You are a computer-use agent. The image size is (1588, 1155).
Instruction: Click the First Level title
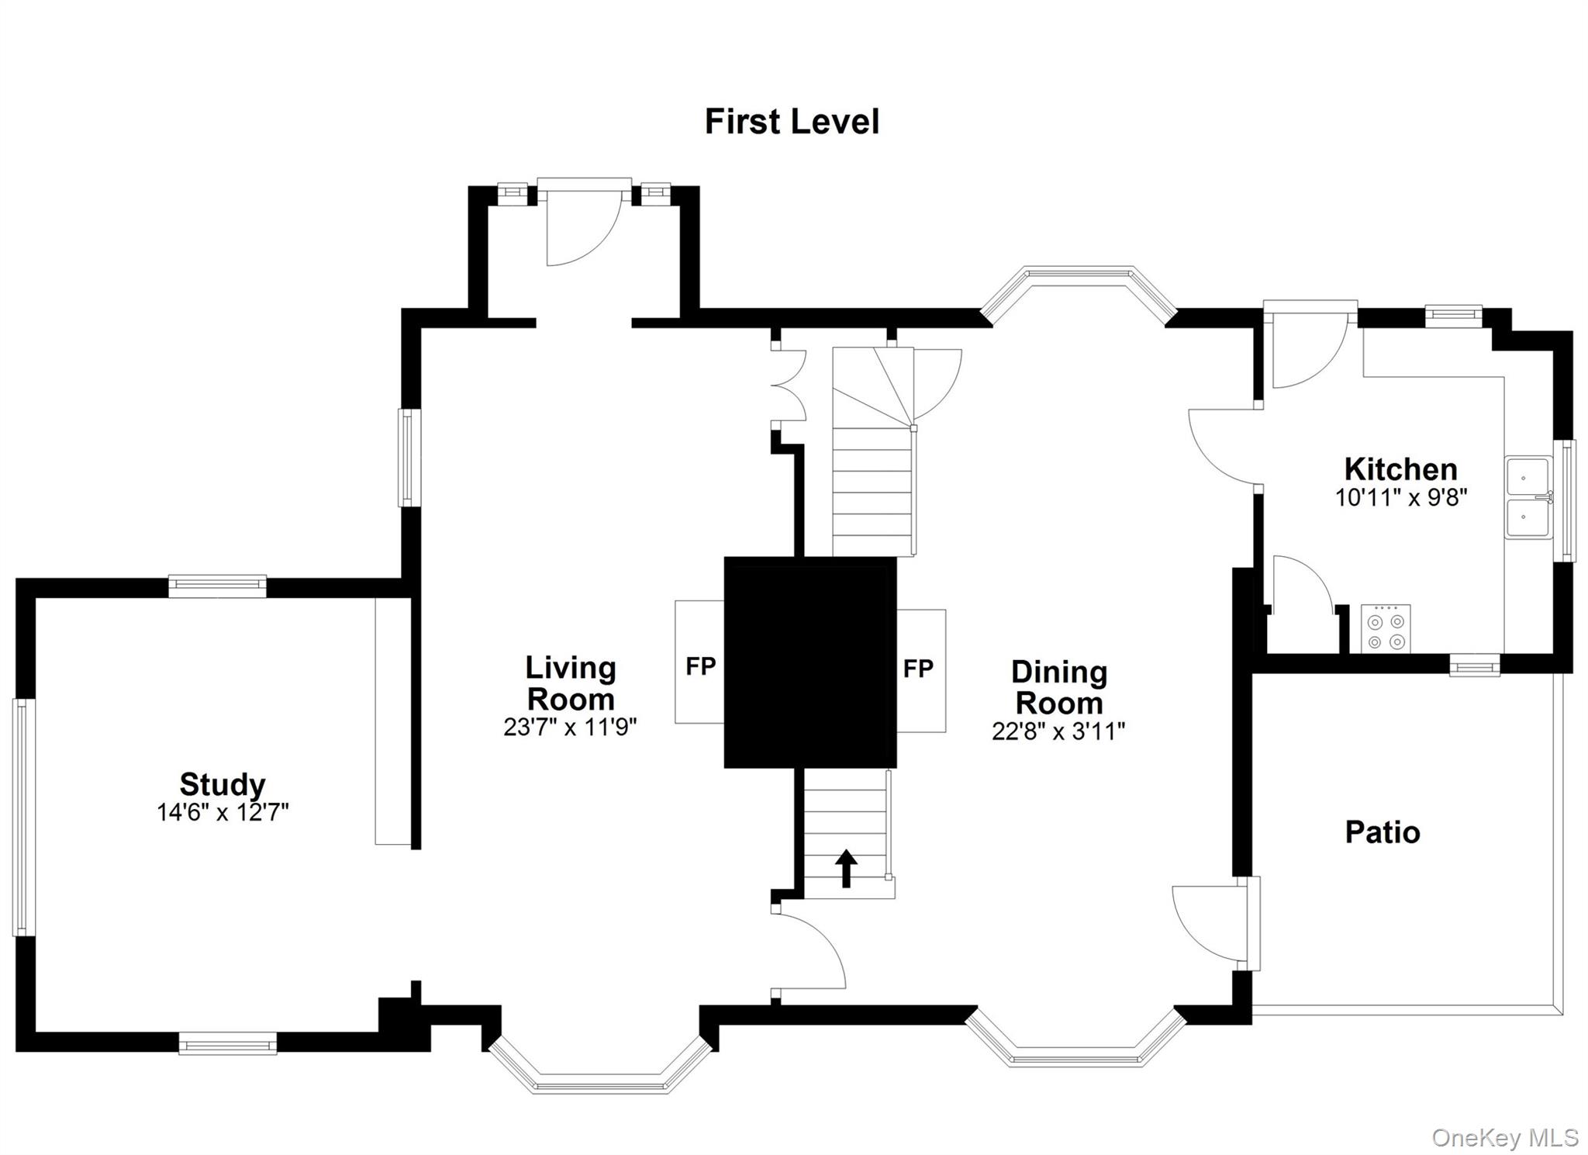(x=792, y=122)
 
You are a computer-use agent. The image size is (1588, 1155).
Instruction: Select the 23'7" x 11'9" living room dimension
(x=570, y=727)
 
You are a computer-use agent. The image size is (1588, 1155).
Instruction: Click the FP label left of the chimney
(x=700, y=666)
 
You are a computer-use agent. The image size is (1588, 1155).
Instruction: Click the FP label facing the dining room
(x=918, y=669)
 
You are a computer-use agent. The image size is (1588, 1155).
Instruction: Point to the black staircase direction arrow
(x=846, y=868)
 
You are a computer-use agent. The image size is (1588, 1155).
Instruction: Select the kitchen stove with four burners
(x=1386, y=628)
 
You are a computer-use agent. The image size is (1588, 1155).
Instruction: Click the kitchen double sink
(x=1528, y=498)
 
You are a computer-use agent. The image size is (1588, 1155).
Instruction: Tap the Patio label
(x=1383, y=832)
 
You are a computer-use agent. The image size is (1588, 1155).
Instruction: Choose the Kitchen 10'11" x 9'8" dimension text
(x=1400, y=497)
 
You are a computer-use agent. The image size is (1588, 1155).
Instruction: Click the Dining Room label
(x=1058, y=687)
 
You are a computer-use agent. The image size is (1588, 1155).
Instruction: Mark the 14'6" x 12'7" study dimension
(x=223, y=812)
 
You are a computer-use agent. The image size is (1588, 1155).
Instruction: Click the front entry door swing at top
(x=583, y=225)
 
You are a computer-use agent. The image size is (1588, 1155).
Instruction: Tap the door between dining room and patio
(x=1213, y=923)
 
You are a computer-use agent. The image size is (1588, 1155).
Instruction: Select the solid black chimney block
(x=810, y=662)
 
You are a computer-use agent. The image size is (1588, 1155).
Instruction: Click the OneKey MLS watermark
(x=1503, y=1138)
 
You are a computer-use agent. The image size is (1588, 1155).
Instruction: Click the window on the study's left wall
(x=22, y=817)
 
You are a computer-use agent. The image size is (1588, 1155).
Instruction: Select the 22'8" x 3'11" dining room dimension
(x=1058, y=731)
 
